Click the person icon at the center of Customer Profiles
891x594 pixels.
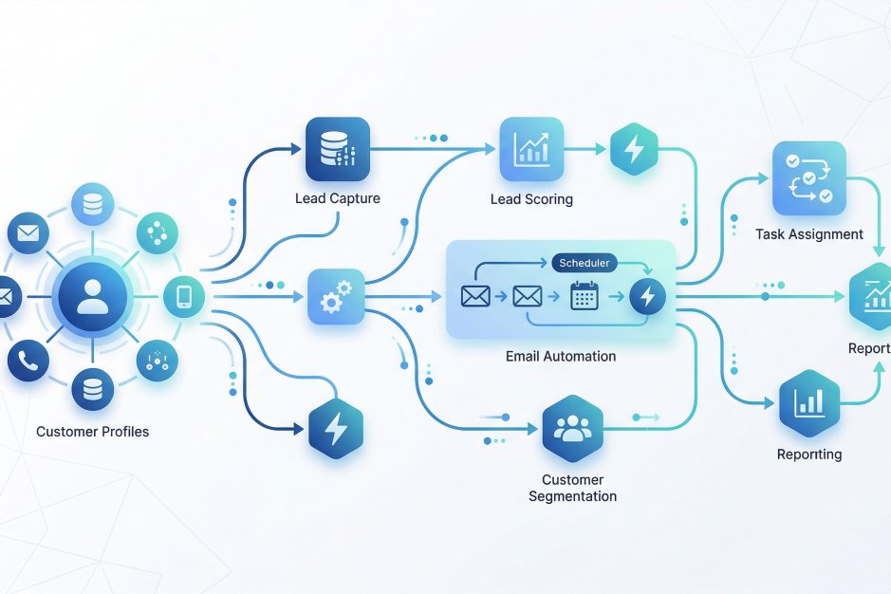coord(92,296)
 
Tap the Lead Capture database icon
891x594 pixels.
coord(338,149)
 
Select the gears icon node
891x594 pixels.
coord(337,296)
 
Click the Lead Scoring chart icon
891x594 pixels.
coord(531,149)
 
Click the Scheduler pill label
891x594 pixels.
coord(585,263)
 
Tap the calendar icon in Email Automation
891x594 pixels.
coord(585,297)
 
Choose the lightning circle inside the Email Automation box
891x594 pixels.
coord(647,297)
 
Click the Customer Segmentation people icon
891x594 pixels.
coord(572,429)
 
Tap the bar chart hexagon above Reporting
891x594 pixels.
coord(808,401)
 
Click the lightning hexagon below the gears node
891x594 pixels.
coord(337,429)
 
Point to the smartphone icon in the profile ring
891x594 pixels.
coord(183,297)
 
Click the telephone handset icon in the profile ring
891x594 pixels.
coord(28,361)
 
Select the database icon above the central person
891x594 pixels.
coord(92,205)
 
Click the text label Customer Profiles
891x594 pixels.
coord(92,432)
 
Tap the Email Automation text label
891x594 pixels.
coord(561,357)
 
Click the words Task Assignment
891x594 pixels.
coord(808,233)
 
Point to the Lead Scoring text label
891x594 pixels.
coord(531,199)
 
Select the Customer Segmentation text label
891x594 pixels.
coord(572,488)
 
